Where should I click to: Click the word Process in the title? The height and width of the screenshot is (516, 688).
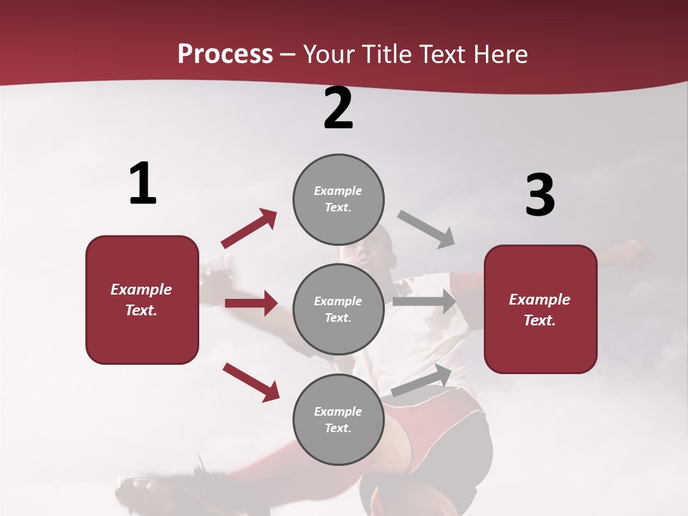(225, 54)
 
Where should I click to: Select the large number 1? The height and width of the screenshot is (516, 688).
(143, 184)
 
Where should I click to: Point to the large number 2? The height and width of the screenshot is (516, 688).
(338, 108)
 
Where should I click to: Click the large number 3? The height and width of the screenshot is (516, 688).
(540, 196)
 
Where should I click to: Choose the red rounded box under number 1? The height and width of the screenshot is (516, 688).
(142, 300)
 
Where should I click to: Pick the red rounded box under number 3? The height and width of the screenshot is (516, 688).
(540, 310)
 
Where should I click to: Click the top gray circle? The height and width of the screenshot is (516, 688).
(338, 199)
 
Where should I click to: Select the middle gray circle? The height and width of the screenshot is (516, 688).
(338, 310)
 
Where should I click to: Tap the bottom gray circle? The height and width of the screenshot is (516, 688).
(338, 420)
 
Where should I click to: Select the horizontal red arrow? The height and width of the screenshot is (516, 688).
(251, 303)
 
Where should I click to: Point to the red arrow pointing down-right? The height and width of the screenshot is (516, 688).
(251, 382)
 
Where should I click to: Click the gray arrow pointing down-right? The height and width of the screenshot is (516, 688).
(426, 229)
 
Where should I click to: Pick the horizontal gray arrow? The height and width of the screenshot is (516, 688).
(424, 302)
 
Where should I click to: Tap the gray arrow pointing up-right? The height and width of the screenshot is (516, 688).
(421, 381)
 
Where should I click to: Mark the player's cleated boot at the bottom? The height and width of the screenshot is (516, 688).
(154, 491)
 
